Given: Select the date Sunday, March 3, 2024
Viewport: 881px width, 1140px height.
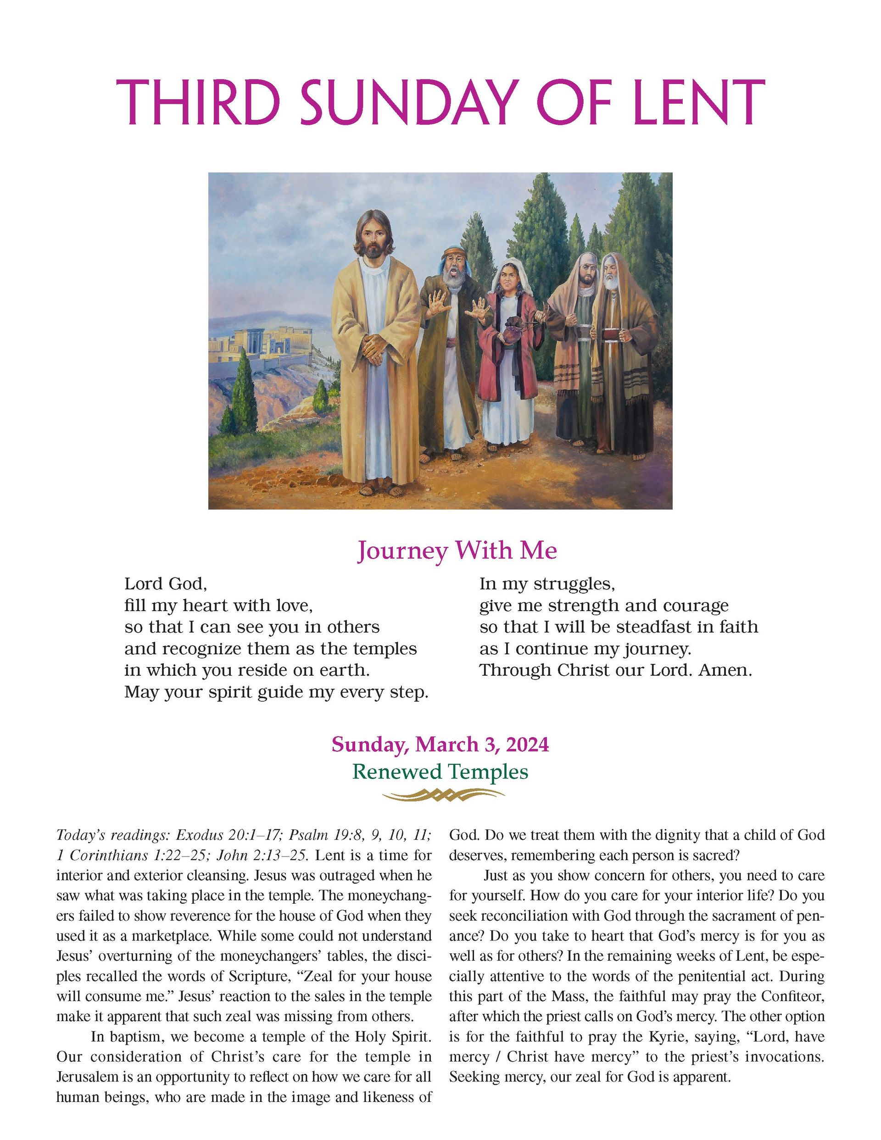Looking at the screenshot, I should click(x=440, y=745).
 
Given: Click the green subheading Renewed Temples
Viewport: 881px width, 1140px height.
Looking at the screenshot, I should click(x=440, y=771).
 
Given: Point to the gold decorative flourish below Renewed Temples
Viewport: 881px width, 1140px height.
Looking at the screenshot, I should click(x=443, y=795).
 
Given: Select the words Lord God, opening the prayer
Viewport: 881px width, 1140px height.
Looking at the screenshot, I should click(x=165, y=584).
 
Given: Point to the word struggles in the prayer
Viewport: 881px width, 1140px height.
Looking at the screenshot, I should click(x=571, y=584).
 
